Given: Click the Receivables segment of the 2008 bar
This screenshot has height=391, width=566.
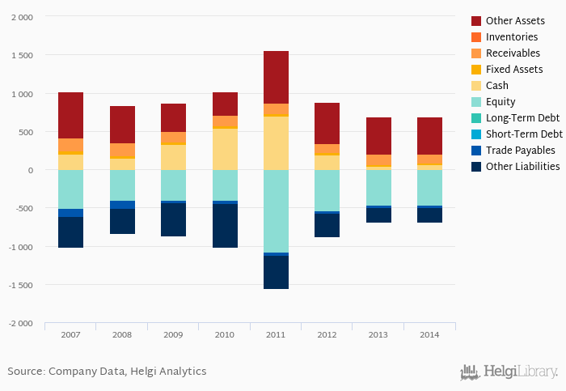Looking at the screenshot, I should tap(122, 151).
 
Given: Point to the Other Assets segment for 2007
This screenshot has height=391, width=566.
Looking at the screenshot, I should tap(70, 115).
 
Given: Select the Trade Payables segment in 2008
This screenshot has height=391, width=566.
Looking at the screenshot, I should tap(122, 205).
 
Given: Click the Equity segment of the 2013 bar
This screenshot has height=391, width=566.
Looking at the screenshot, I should tap(378, 187).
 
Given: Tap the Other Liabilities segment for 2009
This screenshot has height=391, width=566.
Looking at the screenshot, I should tap(173, 219).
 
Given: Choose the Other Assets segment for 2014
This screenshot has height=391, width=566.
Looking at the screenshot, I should tap(429, 136).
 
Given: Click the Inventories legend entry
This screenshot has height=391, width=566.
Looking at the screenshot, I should tap(512, 37).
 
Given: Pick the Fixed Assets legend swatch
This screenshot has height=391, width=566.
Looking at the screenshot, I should tap(476, 70).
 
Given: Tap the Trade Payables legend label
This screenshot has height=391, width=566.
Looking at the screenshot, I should tap(520, 151).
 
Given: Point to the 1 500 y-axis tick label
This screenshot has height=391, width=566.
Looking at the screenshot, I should tap(22, 55).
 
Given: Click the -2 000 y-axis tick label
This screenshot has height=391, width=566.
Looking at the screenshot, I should tap(20, 324).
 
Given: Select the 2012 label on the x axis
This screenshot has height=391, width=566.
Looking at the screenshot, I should tap(327, 334).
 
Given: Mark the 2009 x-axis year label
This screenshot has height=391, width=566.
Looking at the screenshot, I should tap(173, 334).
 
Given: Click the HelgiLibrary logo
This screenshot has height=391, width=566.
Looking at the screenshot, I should tap(509, 372).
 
